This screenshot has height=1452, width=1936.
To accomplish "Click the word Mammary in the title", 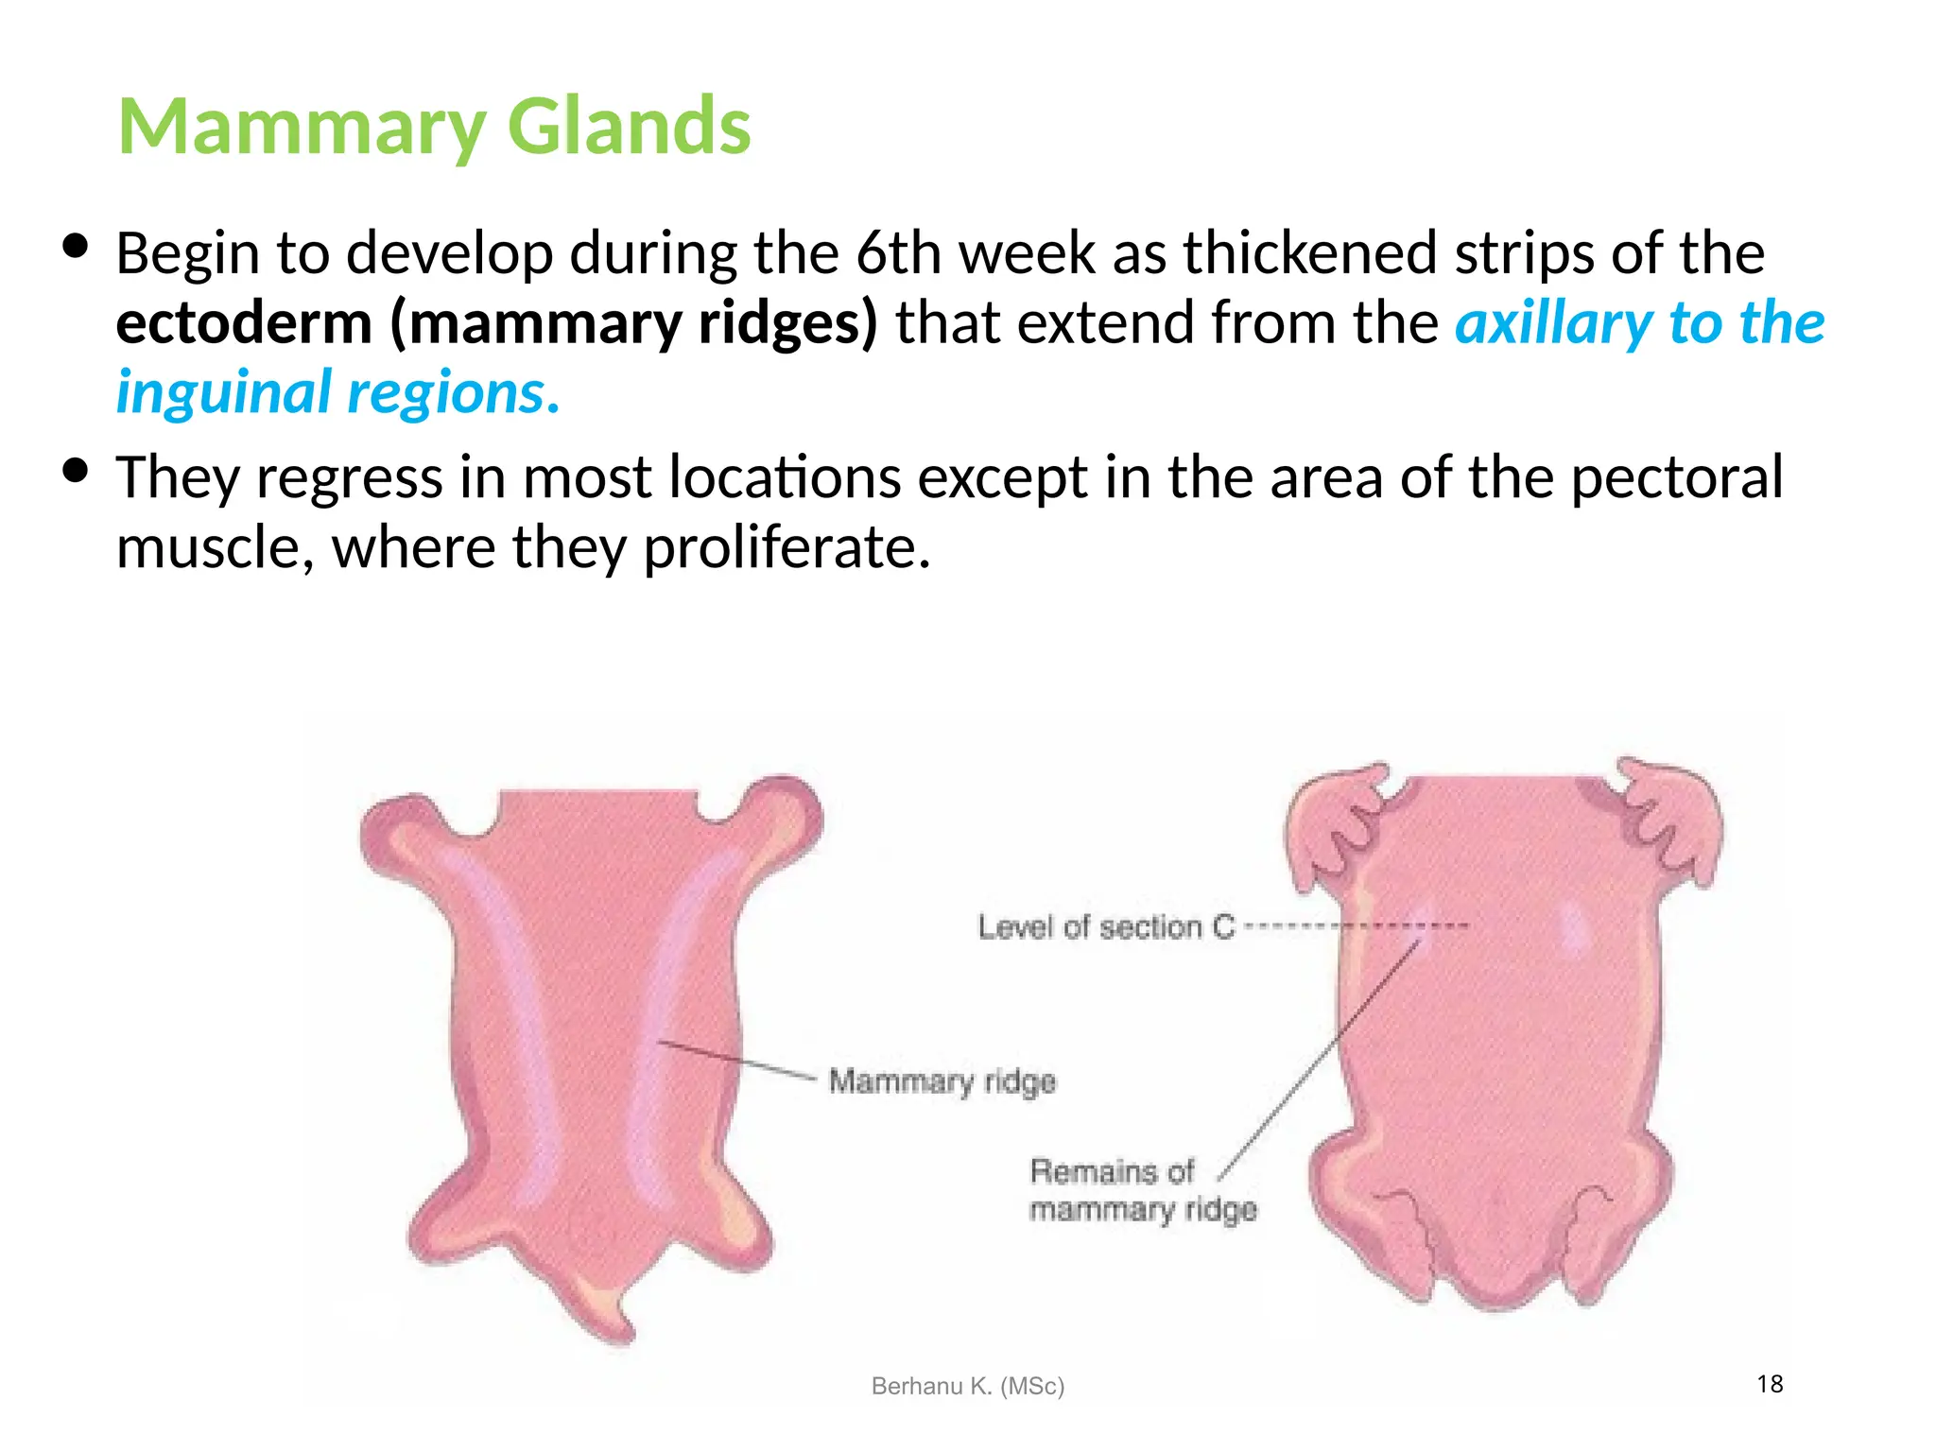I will coord(302,129).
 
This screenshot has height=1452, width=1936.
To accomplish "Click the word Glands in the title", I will coord(629,127).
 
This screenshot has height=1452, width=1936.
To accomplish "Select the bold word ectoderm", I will coord(244,323).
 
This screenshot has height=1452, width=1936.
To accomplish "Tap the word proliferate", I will coord(786,547).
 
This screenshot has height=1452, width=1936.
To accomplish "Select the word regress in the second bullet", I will coord(350,478).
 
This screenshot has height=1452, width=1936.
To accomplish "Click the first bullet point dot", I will coord(75,247).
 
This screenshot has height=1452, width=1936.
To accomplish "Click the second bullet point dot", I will coord(75,470).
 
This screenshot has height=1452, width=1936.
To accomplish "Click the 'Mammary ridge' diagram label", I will coord(942,1080).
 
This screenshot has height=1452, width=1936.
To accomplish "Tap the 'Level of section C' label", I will coord(1106,927).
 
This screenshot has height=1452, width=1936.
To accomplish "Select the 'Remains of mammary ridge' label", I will coord(1143,1190).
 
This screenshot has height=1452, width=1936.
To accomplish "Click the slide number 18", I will coord(1770,1384).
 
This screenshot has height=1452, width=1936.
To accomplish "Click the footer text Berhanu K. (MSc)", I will coord(967,1386).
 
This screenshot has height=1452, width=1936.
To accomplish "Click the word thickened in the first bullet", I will coord(1309,253).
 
